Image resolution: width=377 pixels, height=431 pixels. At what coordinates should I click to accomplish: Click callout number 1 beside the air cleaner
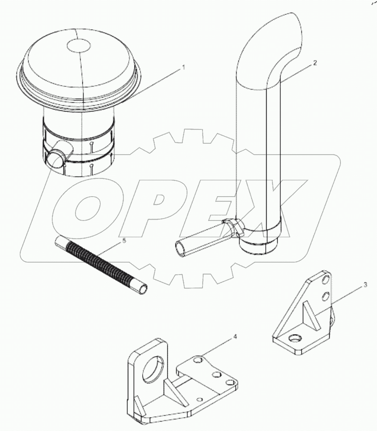183,67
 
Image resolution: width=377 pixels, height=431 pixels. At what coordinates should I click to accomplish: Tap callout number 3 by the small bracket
365,284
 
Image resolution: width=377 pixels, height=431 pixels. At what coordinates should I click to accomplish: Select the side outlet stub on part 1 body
57,157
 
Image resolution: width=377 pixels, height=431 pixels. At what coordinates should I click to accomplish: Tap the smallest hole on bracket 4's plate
199,398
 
